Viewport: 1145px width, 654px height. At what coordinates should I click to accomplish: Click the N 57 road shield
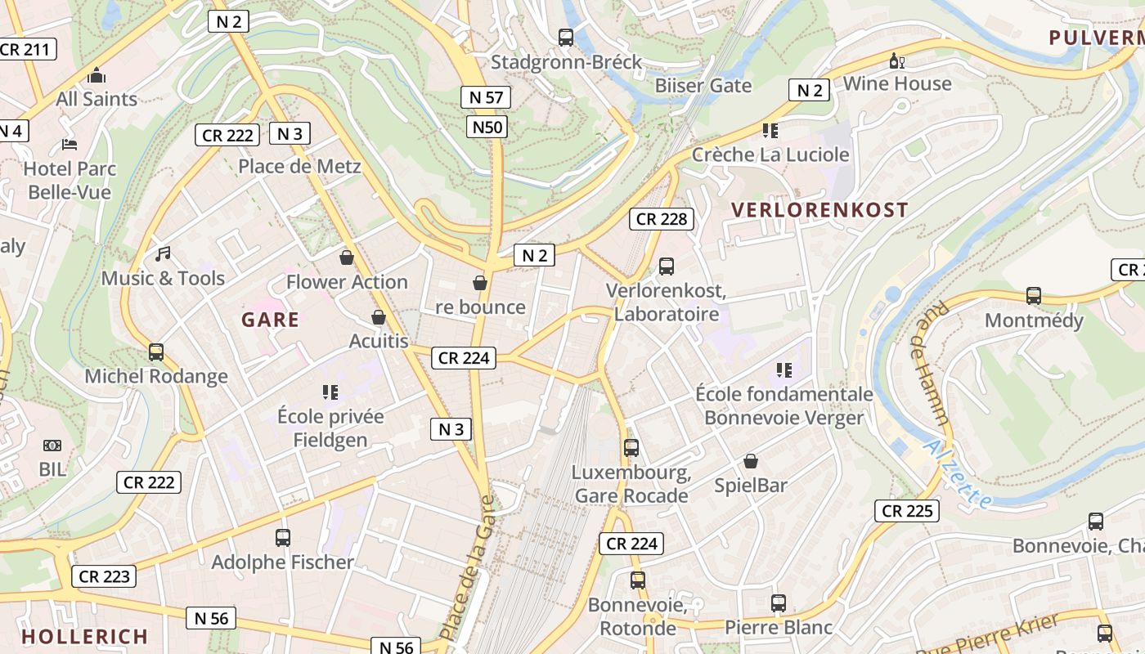[x=486, y=97]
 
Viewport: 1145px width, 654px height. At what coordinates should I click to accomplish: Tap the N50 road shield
[x=488, y=127]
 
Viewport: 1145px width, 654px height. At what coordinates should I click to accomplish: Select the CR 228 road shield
[x=662, y=218]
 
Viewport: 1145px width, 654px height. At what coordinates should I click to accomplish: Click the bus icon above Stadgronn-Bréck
[x=565, y=37]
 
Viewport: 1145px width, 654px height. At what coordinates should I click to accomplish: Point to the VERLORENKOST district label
[x=819, y=210]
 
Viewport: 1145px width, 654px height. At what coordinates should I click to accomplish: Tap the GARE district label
[x=270, y=320]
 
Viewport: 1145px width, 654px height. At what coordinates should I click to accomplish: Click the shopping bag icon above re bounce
[x=480, y=283]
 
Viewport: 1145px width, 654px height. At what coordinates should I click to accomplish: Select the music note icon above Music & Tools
[x=163, y=254]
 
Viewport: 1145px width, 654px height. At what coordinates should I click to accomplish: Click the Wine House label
[x=897, y=83]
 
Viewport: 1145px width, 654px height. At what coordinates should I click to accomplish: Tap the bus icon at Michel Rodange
[x=155, y=352]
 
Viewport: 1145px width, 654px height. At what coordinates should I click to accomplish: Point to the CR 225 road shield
[x=906, y=511]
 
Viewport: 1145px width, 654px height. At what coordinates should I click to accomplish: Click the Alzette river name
[x=957, y=474]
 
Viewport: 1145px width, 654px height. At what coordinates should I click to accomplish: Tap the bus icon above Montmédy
[x=1034, y=296]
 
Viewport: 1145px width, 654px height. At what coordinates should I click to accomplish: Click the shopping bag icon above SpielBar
[x=750, y=462]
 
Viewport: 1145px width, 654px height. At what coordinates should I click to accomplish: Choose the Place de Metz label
[x=299, y=167]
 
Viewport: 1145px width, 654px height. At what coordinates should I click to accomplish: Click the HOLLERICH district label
[x=84, y=636]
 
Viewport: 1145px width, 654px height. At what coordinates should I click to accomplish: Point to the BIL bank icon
[x=52, y=446]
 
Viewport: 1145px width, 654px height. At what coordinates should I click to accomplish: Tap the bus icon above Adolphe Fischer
[x=283, y=538]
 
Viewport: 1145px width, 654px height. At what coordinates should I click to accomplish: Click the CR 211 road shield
[x=26, y=49]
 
